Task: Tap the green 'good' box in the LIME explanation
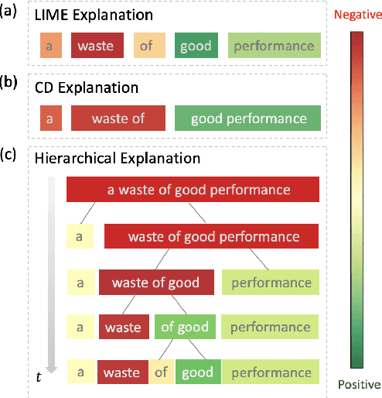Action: pyautogui.click(x=196, y=46)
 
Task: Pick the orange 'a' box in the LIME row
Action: pyautogui.click(x=49, y=46)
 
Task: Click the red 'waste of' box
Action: pyautogui.click(x=118, y=119)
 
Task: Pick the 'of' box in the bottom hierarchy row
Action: pyautogui.click(x=161, y=372)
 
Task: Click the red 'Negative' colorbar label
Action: pyautogui.click(x=355, y=14)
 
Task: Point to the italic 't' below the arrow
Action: pyautogui.click(x=38, y=376)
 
